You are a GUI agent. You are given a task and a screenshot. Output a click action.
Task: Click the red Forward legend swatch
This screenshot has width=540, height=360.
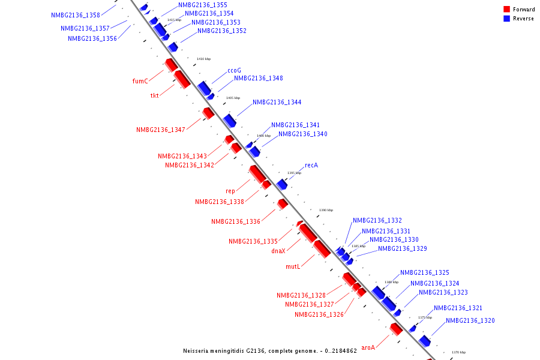(x=506, y=10)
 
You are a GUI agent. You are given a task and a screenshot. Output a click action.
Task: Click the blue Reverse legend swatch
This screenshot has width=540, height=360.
(x=506, y=19)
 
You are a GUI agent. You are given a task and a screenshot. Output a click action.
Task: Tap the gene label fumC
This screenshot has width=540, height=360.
(x=140, y=81)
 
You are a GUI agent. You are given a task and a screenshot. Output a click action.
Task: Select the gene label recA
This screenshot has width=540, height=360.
(x=311, y=165)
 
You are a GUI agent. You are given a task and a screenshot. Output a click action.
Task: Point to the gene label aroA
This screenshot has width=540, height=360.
(x=368, y=347)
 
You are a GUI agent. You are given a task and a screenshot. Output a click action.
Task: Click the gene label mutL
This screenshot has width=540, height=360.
(x=292, y=267)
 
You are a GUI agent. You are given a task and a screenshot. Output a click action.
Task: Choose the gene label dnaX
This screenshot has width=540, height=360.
(x=278, y=251)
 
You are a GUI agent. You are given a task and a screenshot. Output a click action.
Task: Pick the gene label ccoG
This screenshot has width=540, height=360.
(x=234, y=70)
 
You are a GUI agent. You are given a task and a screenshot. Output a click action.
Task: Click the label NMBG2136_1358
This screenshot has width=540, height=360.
(x=76, y=15)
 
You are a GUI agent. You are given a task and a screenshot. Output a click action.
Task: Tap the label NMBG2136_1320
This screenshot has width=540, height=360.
(x=470, y=321)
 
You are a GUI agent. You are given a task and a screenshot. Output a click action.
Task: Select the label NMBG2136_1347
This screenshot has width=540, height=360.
(x=161, y=130)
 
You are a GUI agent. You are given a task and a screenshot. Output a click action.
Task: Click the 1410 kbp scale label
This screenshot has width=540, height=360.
(x=204, y=59)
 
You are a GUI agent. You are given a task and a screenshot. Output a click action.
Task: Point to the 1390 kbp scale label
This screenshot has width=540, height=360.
(x=326, y=210)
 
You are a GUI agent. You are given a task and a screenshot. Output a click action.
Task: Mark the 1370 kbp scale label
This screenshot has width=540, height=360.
(x=458, y=352)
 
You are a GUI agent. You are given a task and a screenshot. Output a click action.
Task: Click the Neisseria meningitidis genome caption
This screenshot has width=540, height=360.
(x=270, y=350)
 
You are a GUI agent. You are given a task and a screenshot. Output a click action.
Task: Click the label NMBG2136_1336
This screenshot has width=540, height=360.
(x=236, y=222)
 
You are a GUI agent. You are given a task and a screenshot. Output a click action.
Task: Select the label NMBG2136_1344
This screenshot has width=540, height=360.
(x=277, y=103)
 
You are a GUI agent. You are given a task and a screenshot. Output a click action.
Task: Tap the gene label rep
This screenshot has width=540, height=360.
(x=230, y=191)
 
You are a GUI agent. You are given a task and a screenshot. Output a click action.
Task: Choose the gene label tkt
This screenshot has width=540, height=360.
(x=154, y=96)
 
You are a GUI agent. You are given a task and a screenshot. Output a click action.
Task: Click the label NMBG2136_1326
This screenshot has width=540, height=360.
(x=319, y=315)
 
